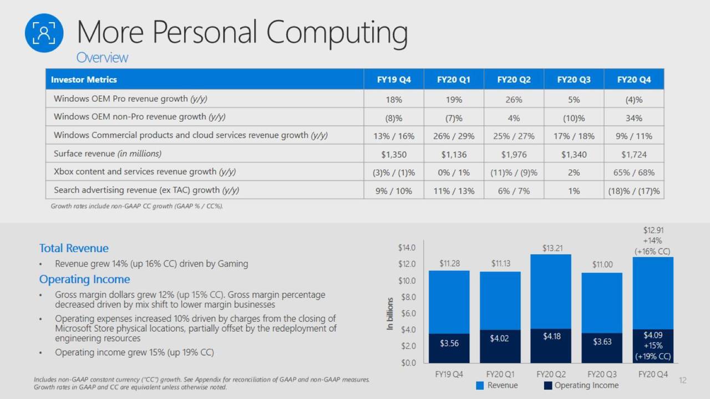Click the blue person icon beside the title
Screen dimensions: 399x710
(x=44, y=33)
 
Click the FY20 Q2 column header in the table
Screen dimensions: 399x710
(x=514, y=79)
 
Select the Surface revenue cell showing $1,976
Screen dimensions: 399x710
(x=514, y=154)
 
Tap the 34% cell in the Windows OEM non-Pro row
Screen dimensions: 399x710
(x=633, y=118)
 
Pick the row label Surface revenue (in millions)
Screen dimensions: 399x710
(x=108, y=154)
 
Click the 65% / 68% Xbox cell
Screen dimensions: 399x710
(x=633, y=172)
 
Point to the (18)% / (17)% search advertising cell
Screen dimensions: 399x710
(x=633, y=191)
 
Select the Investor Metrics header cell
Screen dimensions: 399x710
(x=84, y=79)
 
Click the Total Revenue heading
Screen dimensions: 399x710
(x=74, y=248)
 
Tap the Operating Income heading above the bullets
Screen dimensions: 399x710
(x=84, y=279)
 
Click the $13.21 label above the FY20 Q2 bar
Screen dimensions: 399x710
(x=552, y=248)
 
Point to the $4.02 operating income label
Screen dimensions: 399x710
(x=500, y=338)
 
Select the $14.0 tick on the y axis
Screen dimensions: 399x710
(x=407, y=248)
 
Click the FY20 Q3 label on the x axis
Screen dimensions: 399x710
(x=602, y=374)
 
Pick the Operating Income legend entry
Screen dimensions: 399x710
(x=581, y=385)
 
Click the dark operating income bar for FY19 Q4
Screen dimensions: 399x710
(x=449, y=348)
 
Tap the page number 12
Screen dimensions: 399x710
(x=682, y=380)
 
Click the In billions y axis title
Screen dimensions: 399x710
(x=390, y=314)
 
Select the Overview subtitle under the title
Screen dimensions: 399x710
(x=102, y=58)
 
